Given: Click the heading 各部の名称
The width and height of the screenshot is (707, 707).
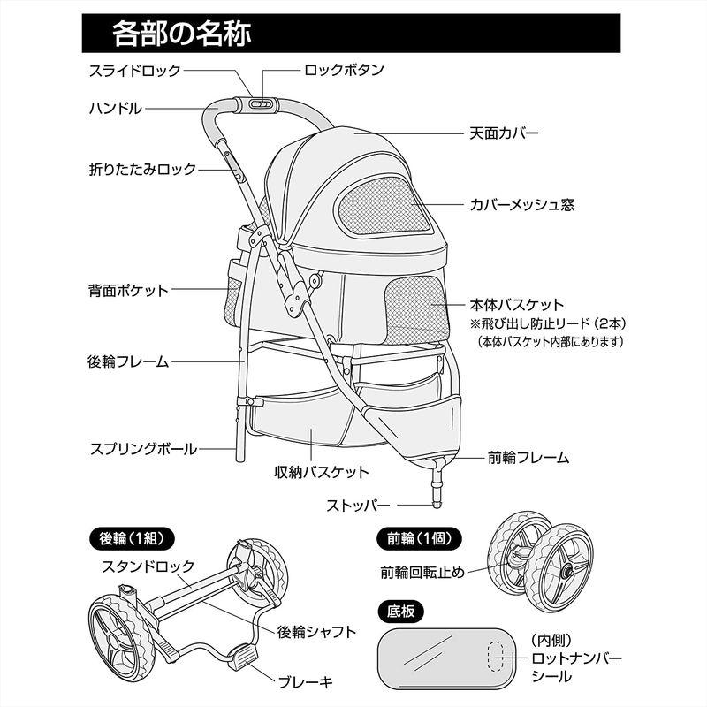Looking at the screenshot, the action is pos(181,34).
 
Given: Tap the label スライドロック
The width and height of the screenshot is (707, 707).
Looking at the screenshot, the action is pos(134,71).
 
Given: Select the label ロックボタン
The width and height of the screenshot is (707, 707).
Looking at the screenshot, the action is pos(343,71).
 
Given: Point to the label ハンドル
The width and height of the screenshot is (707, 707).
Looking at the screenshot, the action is pos(115,108).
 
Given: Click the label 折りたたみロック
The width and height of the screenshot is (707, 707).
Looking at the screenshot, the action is pos(141,168).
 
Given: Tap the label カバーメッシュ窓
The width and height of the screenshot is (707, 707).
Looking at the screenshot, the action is pos(521,205).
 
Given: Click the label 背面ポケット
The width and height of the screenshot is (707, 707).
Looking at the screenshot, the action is pos(127,289).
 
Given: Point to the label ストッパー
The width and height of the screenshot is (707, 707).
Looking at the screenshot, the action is pos(358,506).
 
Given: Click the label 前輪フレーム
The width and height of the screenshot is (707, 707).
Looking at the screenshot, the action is pos(528,459).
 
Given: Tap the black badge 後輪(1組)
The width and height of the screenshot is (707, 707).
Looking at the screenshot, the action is pos(131,537).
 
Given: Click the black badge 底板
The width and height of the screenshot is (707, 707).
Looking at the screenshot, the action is pos(400,610).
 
